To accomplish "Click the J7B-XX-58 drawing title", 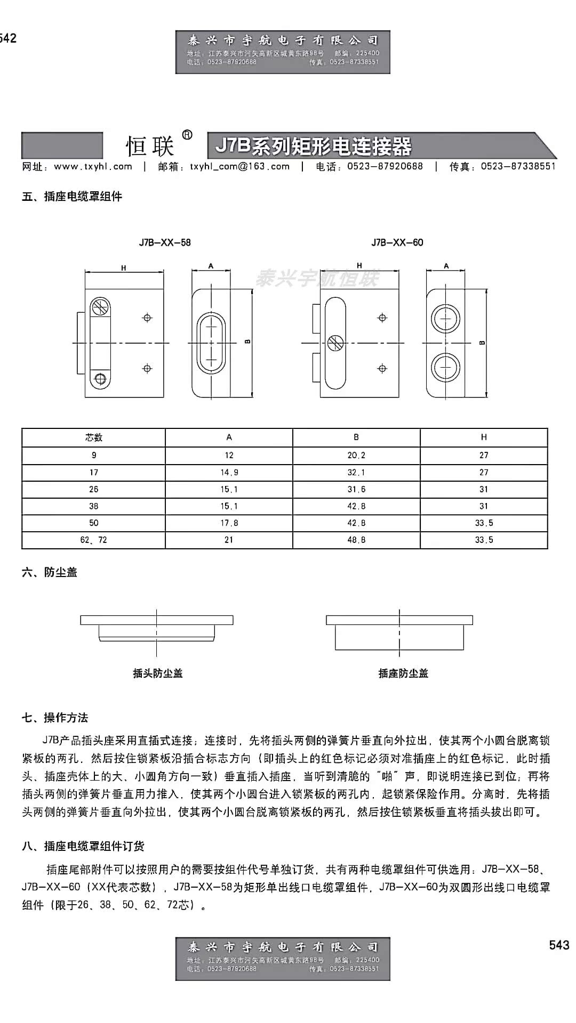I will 165,242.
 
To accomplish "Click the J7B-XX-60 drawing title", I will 397,242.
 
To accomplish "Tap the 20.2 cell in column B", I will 356,455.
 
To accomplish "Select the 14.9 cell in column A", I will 229,472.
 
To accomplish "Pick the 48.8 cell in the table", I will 356,540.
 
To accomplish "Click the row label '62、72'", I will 93,540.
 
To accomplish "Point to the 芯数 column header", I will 93,437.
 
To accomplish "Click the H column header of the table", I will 484,437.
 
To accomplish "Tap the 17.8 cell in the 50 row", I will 229,523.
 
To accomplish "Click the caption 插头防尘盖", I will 157,673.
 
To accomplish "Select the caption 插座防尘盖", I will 403,673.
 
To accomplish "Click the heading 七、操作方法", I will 55,718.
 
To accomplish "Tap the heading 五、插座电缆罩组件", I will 72,197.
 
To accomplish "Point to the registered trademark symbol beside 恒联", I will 187,135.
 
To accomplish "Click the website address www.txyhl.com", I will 93,166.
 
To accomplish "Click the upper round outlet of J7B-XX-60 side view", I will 445,319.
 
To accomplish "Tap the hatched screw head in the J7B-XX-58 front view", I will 100,307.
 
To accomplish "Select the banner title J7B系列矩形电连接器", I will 314,146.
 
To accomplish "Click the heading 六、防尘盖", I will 50,572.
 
